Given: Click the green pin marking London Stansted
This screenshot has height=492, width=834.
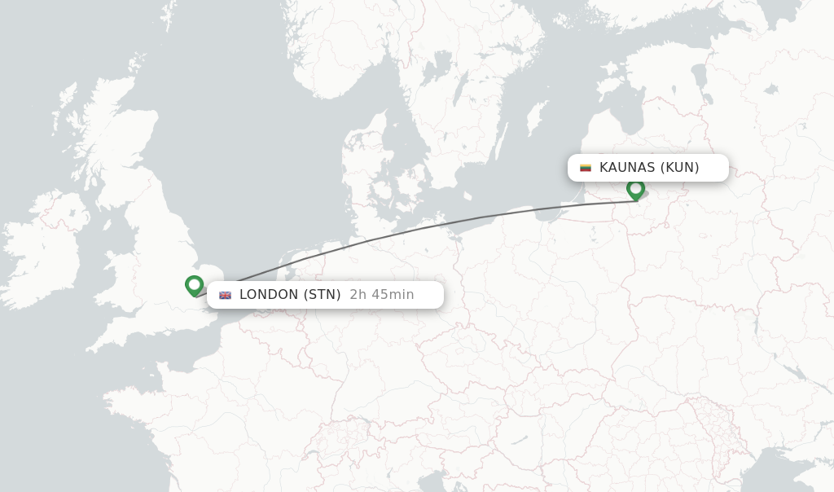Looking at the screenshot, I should pyautogui.click(x=194, y=285).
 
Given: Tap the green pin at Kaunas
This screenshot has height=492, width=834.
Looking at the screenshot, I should pyautogui.click(x=635, y=189).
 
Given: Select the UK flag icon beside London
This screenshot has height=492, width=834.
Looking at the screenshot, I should pyautogui.click(x=225, y=295).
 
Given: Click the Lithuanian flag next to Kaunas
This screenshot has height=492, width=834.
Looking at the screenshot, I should pyautogui.click(x=585, y=168).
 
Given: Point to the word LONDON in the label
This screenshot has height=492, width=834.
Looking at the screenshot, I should pyautogui.click(x=269, y=295).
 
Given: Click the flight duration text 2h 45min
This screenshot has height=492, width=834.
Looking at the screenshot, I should pyautogui.click(x=381, y=295).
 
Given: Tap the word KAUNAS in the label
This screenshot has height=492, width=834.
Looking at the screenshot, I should pyautogui.click(x=626, y=168).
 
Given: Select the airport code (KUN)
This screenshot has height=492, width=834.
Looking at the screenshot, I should pyautogui.click(x=679, y=168).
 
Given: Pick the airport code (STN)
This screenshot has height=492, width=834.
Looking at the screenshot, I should pyautogui.click(x=322, y=295).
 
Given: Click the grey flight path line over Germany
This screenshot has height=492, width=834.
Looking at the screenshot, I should pyautogui.click(x=407, y=231).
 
